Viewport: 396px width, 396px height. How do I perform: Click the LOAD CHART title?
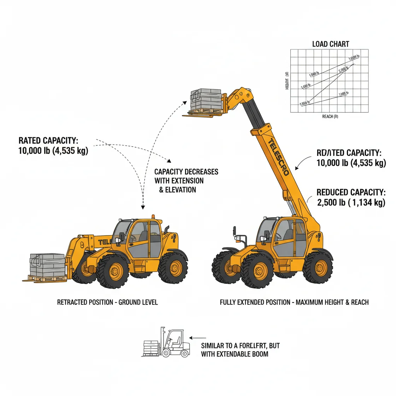[x=330, y=44]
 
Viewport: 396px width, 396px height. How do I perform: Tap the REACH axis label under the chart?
[x=330, y=116]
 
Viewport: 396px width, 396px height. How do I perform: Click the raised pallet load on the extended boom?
[x=206, y=100]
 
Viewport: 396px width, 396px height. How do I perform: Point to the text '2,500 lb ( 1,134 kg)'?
[x=351, y=202]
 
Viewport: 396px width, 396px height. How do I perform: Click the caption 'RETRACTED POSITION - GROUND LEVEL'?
[x=107, y=302]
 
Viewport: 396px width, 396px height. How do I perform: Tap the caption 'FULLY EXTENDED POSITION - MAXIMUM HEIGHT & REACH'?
[x=294, y=302]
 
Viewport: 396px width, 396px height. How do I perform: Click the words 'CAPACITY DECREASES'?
[x=186, y=172]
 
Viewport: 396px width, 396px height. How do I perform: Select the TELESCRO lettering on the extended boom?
[x=278, y=157]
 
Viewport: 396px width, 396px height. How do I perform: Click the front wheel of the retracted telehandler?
[x=112, y=271]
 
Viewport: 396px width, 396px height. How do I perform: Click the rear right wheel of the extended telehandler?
[x=317, y=268]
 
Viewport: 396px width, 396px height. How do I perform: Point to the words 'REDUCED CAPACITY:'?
[x=350, y=192]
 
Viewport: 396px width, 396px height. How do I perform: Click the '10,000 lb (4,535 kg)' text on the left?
[x=53, y=151]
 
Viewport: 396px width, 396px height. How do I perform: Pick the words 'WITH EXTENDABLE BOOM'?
[x=234, y=354]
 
